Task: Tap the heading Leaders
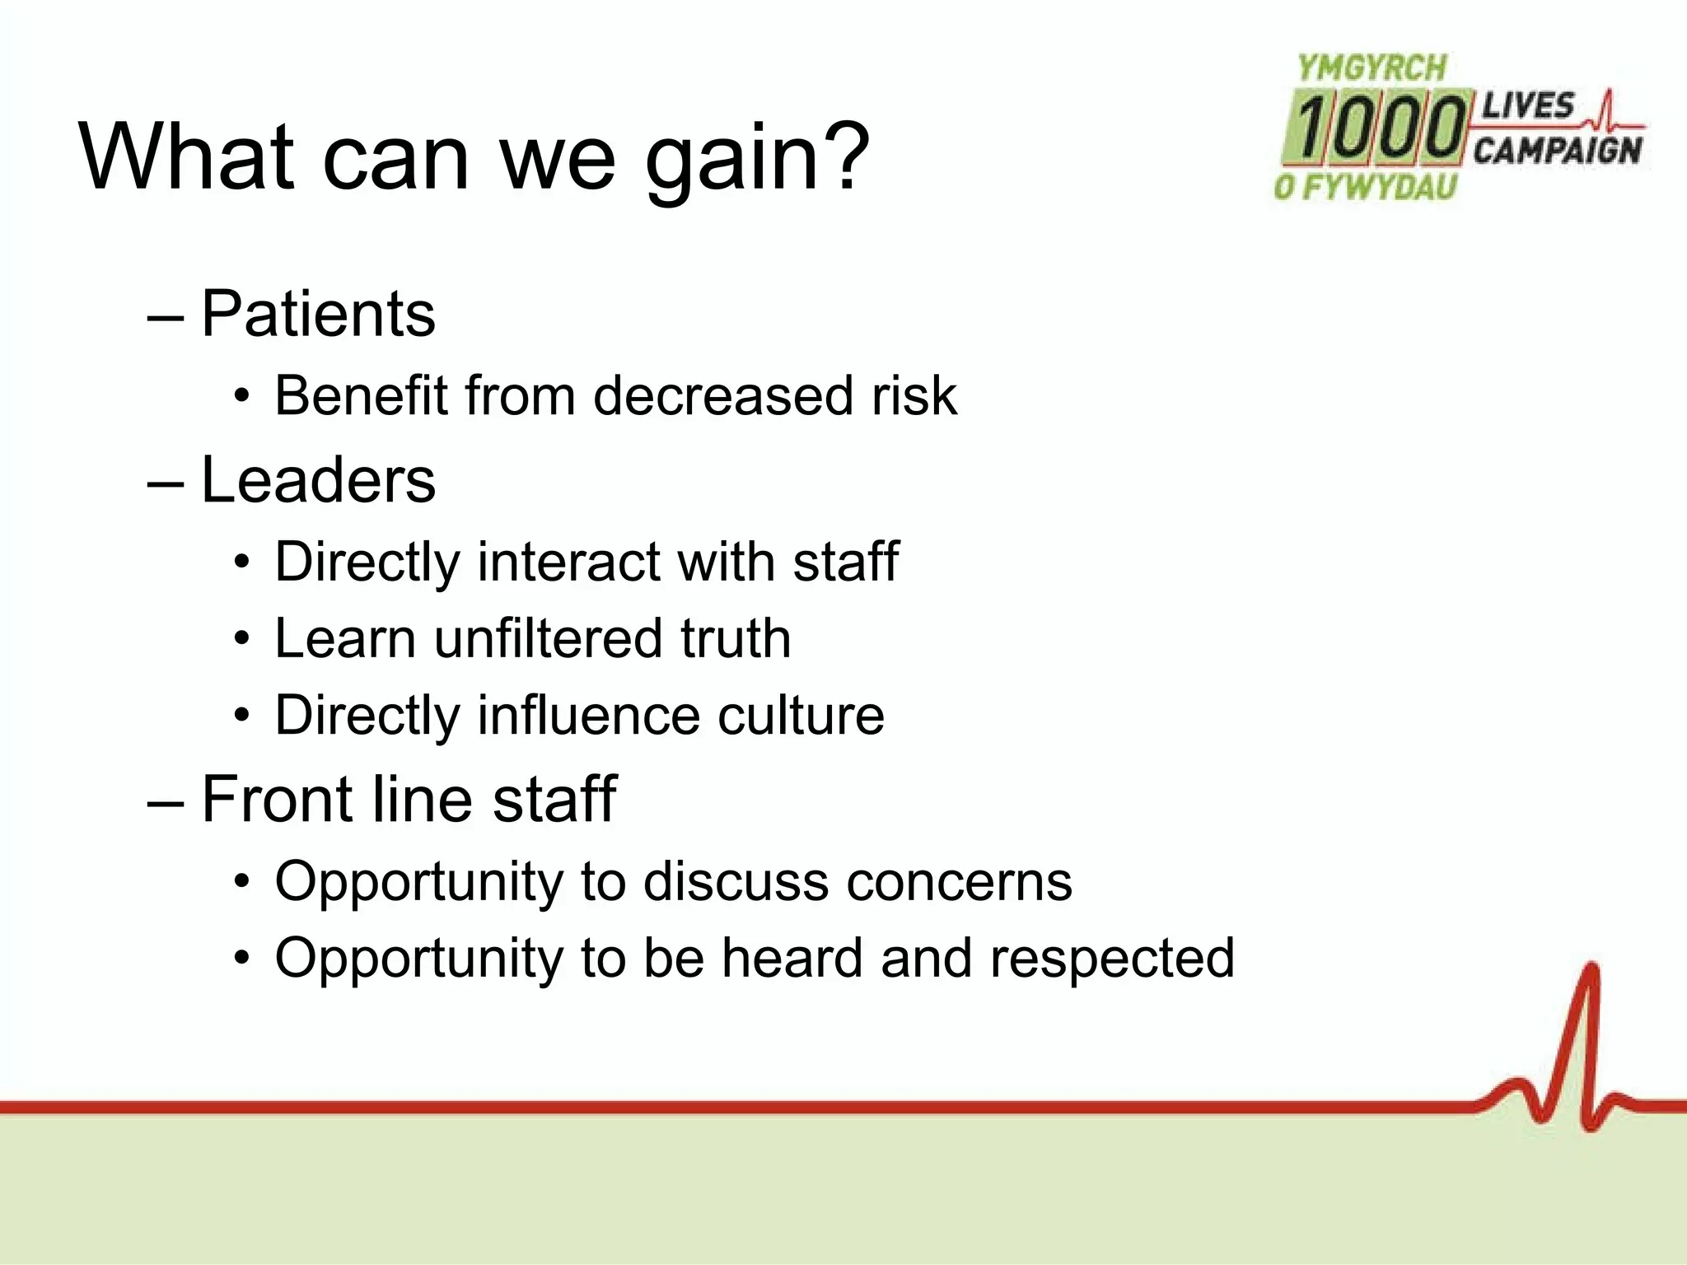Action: click(318, 480)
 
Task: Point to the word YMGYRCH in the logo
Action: click(1372, 68)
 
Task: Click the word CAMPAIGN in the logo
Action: click(1557, 151)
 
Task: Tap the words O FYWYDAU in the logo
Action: click(1366, 187)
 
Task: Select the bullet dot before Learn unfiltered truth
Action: click(241, 638)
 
